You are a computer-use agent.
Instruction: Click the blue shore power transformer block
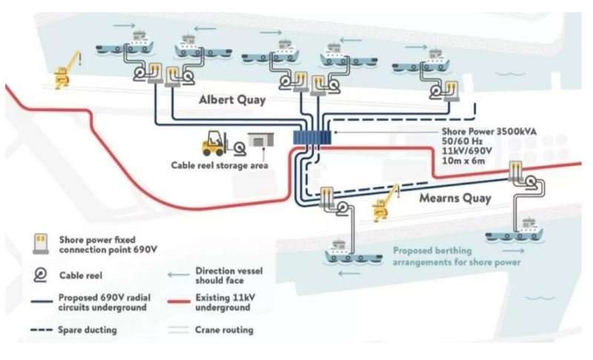tap(312, 137)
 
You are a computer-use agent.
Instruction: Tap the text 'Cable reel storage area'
tap(219, 166)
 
